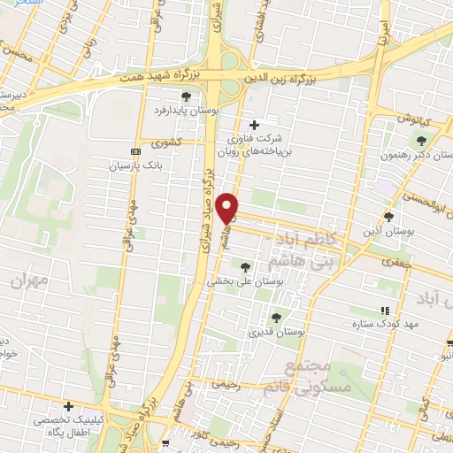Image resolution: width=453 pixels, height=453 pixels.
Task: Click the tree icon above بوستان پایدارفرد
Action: [186, 96]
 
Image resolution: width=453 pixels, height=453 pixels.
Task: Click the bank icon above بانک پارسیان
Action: [134, 151]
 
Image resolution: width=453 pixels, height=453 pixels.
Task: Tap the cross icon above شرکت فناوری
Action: [256, 124]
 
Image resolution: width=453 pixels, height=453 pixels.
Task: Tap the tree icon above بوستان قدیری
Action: [276, 317]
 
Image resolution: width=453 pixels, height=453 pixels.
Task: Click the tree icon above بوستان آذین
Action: [388, 217]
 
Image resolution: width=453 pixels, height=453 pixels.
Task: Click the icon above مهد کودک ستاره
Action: [384, 311]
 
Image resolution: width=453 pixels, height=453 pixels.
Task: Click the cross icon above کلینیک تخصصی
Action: [68, 406]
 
